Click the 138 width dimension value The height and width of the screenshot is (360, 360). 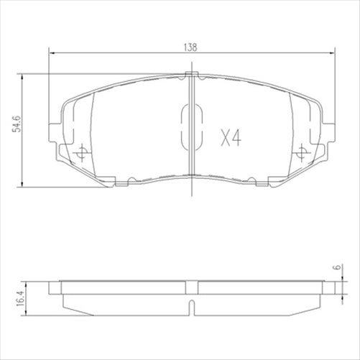[191, 46]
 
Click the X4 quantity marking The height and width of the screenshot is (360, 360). [230, 138]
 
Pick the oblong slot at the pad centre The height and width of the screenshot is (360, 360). [191, 127]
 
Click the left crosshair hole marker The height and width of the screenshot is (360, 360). [80, 152]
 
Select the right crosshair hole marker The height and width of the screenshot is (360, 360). [302, 152]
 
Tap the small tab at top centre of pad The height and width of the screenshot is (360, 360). [191, 74]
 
